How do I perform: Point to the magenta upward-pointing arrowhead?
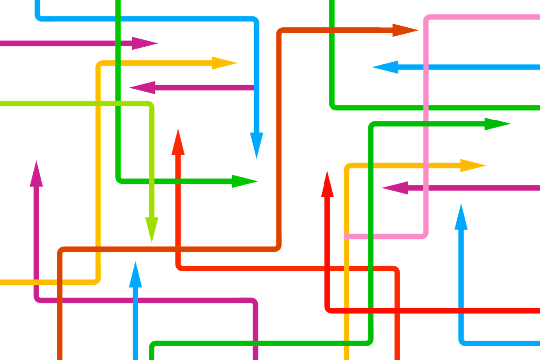tap(36, 174)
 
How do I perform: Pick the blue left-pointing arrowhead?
tap(386, 67)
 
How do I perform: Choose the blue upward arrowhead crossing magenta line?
tap(135, 275)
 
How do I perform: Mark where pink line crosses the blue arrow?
tap(426, 67)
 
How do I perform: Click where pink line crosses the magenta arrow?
tap(426, 188)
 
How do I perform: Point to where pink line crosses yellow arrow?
tap(426, 165)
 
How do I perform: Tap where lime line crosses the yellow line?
tap(98, 103)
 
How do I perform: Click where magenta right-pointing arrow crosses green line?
tap(118, 43)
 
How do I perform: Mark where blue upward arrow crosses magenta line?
tap(135, 300)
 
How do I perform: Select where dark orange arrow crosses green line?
tap(331, 31)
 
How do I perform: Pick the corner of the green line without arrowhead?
tap(333, 106)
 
